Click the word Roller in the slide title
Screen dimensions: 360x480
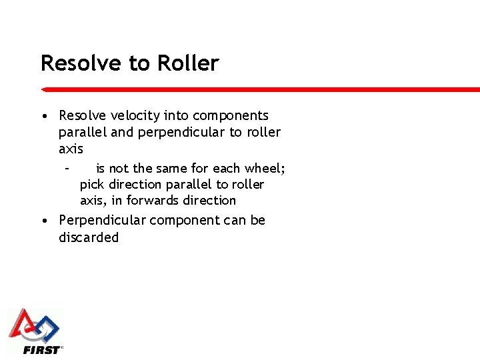(188, 63)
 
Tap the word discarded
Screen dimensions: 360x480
(89, 237)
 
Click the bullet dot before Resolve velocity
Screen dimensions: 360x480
(43, 116)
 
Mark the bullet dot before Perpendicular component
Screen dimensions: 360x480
(43, 221)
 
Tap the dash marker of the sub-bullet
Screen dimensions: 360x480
(67, 168)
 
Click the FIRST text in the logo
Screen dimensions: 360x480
(41, 349)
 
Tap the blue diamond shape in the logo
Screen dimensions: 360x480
(47, 327)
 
